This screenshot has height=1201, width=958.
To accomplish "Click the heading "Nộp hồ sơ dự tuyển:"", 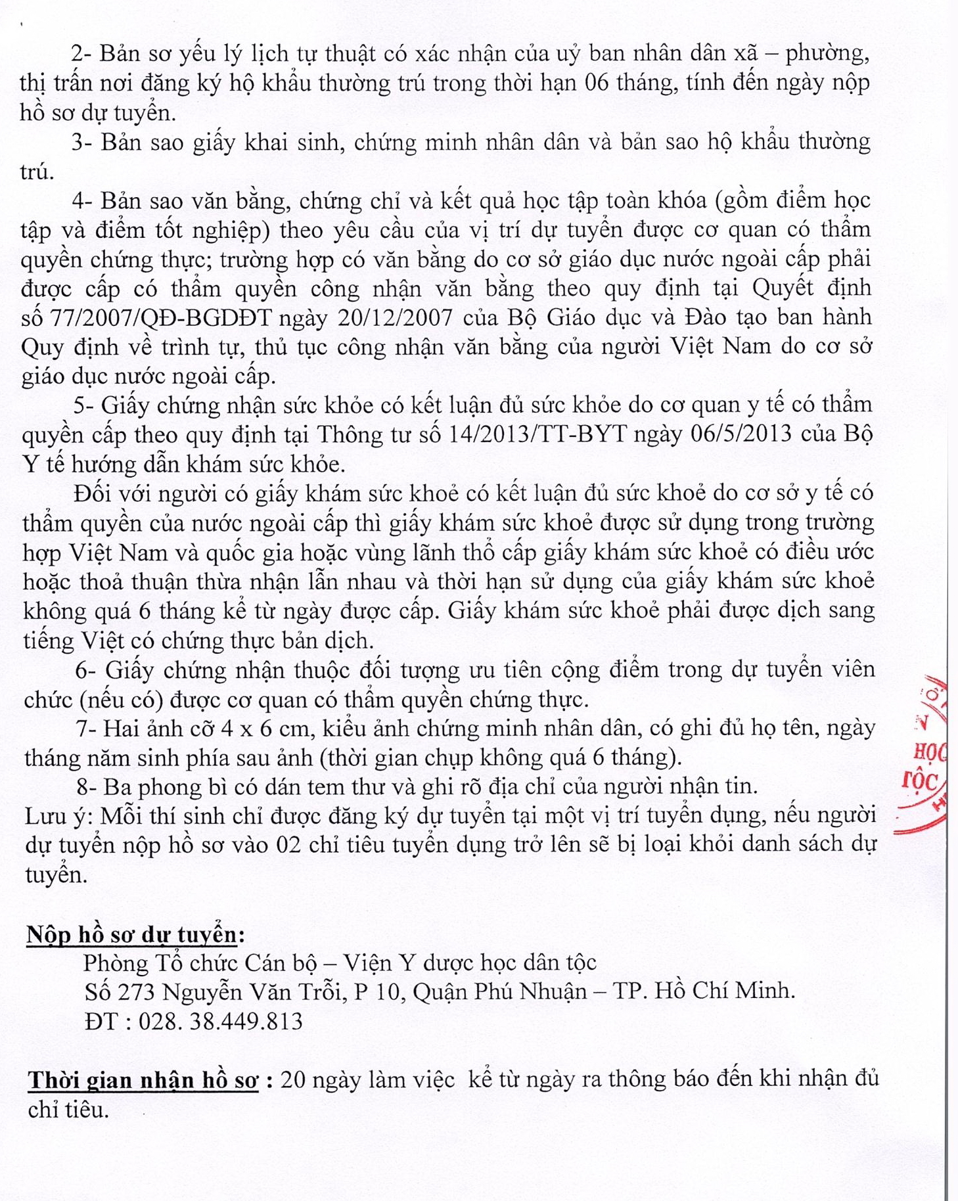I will (x=135, y=934).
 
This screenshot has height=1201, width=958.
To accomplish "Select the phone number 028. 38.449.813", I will (x=220, y=1021).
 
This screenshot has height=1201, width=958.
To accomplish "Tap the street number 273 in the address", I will (x=137, y=991).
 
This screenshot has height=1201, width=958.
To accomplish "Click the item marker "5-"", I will (x=85, y=405).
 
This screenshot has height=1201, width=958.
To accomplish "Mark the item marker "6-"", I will (x=87, y=670).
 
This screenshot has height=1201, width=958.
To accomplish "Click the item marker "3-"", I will (x=83, y=143).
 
